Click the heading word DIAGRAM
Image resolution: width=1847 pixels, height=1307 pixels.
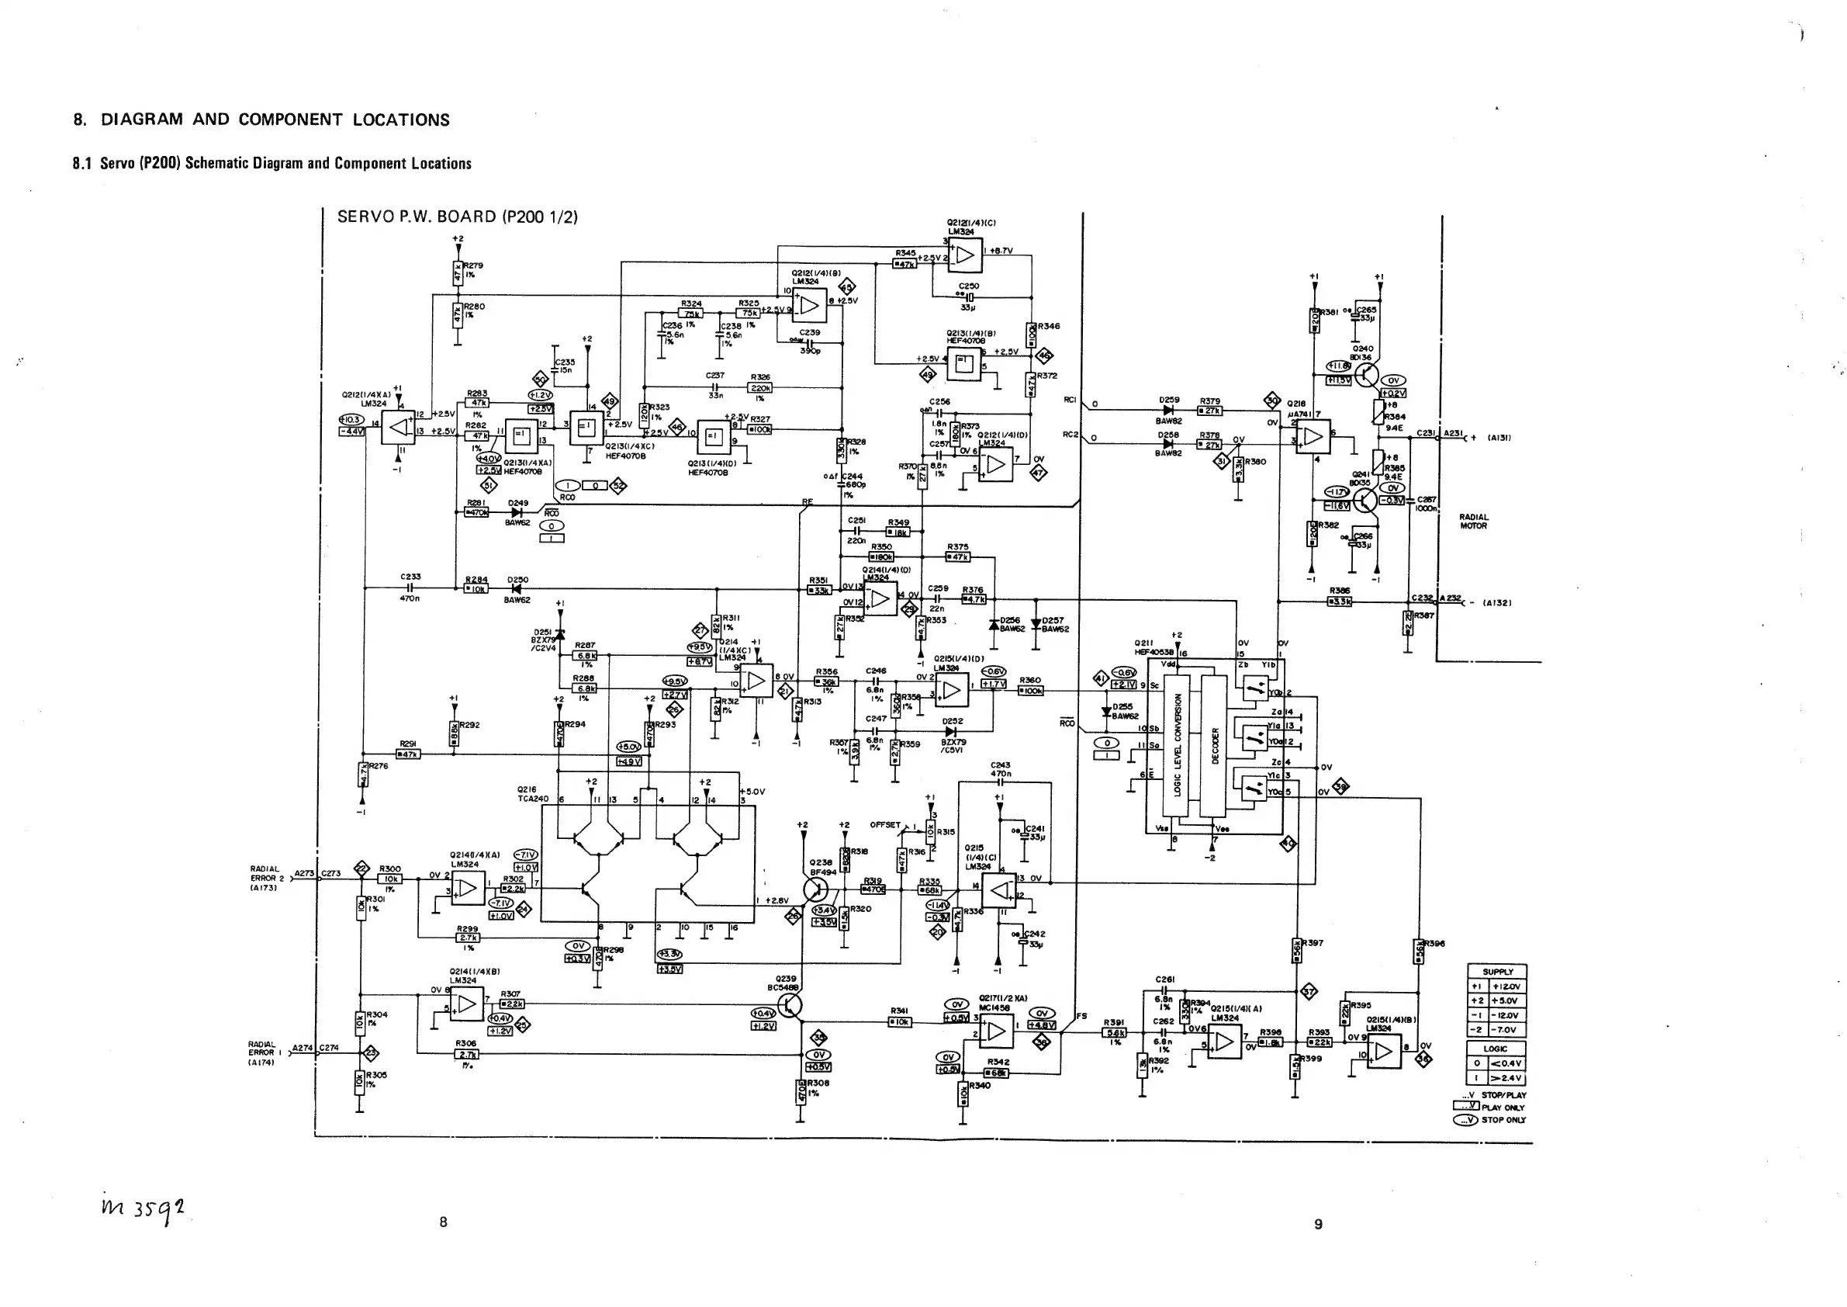click(142, 120)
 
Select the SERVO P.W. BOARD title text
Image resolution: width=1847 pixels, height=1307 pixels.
click(457, 217)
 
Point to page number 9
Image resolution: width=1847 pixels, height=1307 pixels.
click(1318, 1224)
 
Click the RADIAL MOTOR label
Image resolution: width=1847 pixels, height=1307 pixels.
click(1473, 522)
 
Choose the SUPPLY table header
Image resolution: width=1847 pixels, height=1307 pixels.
click(1497, 972)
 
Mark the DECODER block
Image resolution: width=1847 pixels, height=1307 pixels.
click(1214, 745)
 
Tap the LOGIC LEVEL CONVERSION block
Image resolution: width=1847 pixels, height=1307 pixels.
click(1177, 745)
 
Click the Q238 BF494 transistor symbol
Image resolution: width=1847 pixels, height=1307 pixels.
click(816, 889)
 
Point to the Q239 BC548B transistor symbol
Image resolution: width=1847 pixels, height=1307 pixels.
click(791, 1005)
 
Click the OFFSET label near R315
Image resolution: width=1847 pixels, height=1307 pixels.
click(885, 825)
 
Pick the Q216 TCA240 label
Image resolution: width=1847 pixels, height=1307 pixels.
click(533, 794)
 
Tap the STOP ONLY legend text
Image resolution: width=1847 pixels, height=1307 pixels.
click(1503, 1119)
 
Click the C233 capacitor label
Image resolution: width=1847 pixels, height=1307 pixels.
click(410, 576)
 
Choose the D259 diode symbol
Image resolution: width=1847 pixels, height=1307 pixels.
click(1168, 411)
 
